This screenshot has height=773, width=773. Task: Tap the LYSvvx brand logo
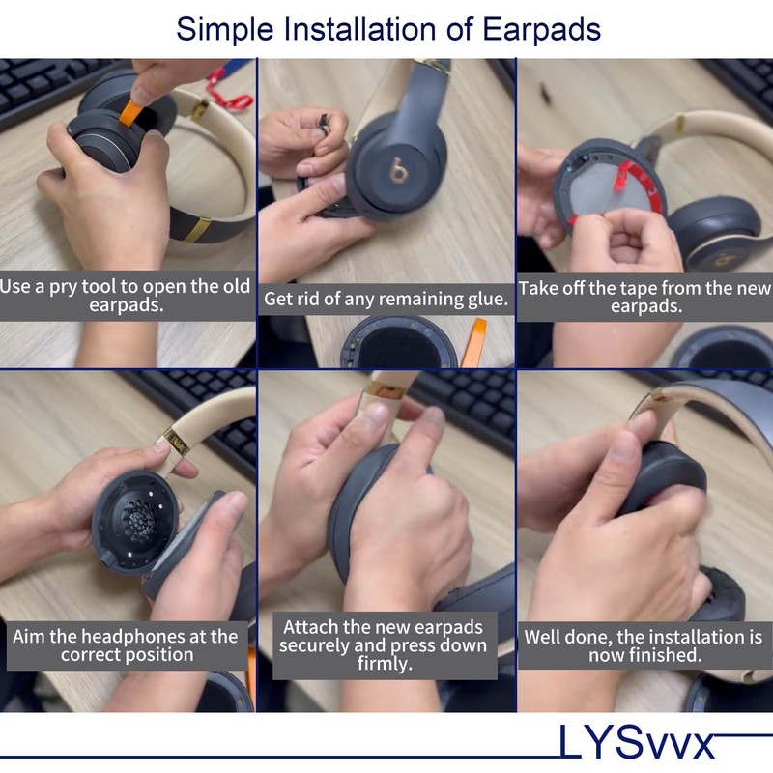pyautogui.click(x=637, y=742)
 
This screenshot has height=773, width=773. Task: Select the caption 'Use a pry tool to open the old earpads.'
pyautogui.click(x=126, y=297)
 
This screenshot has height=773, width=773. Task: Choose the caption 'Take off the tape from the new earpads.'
pyautogui.click(x=644, y=297)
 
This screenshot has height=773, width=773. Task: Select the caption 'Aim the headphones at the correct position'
pyautogui.click(x=126, y=645)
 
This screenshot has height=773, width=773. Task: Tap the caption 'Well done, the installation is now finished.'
pyautogui.click(x=644, y=645)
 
